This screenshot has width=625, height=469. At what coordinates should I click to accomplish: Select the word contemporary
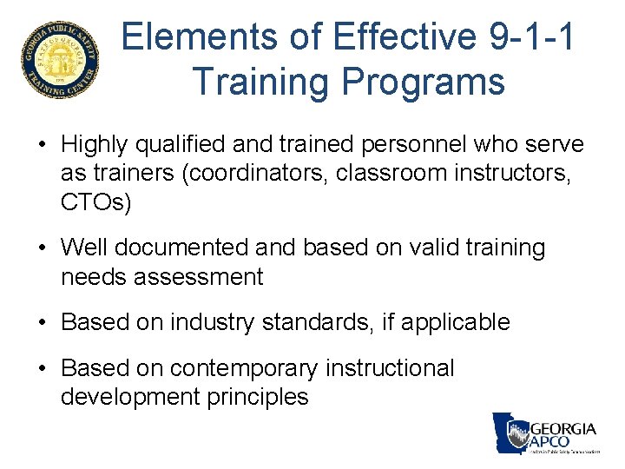244,368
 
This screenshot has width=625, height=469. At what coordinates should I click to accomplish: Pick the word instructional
390,368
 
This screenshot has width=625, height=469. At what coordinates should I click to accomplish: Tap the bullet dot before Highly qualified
43,145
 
